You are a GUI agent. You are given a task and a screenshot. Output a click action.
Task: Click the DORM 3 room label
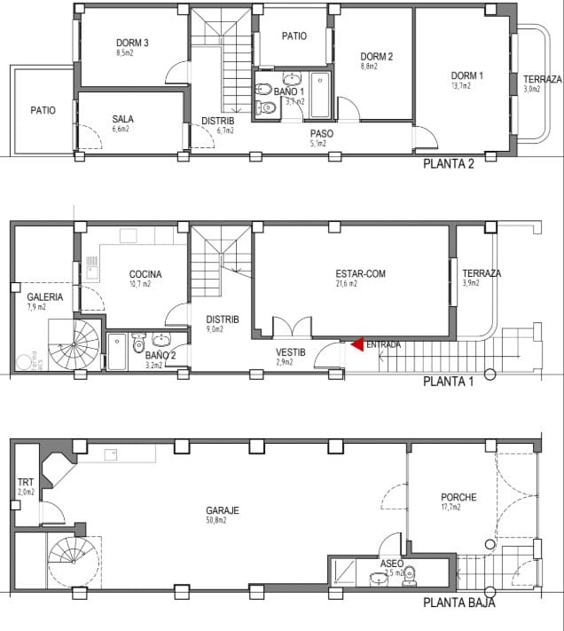click(132, 43)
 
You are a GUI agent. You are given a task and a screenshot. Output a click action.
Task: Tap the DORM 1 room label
click(467, 75)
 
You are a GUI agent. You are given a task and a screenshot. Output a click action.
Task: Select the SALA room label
click(122, 119)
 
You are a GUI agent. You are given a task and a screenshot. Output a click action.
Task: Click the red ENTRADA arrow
click(356, 343)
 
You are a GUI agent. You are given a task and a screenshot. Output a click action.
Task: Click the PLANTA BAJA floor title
click(458, 603)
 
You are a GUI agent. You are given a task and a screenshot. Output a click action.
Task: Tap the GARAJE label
click(221, 510)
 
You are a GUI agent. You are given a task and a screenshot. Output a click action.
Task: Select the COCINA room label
click(145, 274)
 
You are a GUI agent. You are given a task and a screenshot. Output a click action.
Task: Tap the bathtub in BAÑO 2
click(116, 351)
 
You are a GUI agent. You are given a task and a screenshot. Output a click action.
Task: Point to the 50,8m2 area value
click(216, 521)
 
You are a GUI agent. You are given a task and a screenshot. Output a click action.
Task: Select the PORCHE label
click(458, 497)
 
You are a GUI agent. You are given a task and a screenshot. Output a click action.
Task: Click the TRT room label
click(25, 483)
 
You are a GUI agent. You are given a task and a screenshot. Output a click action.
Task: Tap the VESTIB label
click(290, 352)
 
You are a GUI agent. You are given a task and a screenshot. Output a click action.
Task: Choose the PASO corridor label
click(321, 133)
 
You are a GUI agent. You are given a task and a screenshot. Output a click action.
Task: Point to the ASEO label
click(391, 564)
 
